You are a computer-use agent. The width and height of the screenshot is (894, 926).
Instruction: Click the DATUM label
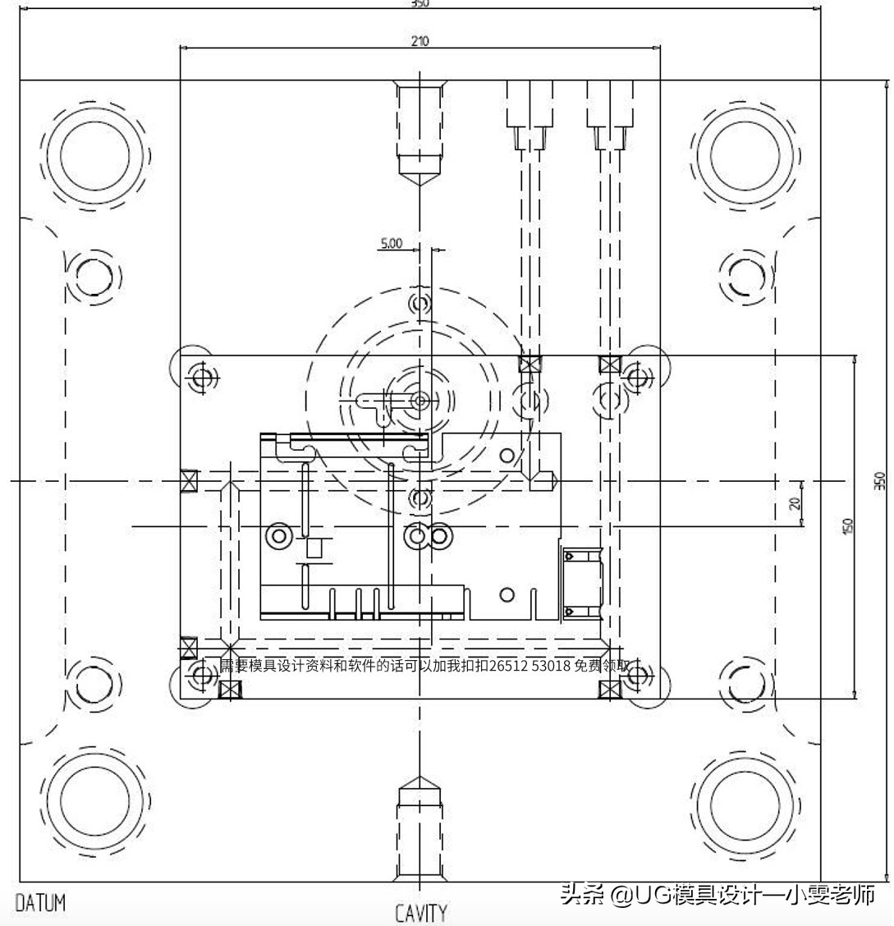coord(40,904)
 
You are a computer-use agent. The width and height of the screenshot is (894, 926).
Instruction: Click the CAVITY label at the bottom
coord(420,913)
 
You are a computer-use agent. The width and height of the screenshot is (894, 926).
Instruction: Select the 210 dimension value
coord(419,41)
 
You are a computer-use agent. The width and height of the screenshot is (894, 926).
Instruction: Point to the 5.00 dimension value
coord(391,243)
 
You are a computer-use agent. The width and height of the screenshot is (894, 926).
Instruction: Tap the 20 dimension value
coord(795,503)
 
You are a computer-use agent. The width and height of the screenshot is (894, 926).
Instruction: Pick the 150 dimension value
coord(847,525)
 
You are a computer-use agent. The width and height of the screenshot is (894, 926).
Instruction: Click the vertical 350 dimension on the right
coord(879,479)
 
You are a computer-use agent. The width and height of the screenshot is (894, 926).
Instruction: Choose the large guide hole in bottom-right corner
coord(745,800)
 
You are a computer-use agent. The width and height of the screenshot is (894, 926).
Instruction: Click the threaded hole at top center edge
coord(420,131)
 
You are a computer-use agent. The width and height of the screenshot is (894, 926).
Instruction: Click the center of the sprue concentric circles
coord(420,401)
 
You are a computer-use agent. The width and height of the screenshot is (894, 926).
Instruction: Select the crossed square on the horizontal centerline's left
coord(190,480)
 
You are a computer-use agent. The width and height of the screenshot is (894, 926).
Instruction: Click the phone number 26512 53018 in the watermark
coord(530,666)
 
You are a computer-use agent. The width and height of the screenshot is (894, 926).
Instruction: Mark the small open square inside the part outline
coord(314,548)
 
